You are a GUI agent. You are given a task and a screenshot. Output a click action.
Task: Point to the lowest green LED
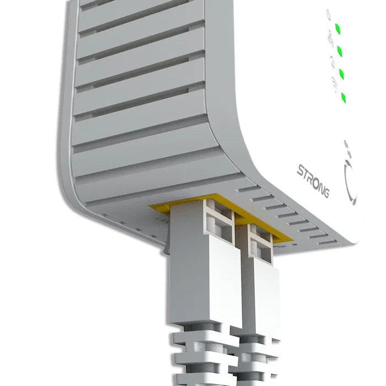point(344,98)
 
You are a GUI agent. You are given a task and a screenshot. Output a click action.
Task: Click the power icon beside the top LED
point(328,13)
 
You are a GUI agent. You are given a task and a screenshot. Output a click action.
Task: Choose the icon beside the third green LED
point(333,60)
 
